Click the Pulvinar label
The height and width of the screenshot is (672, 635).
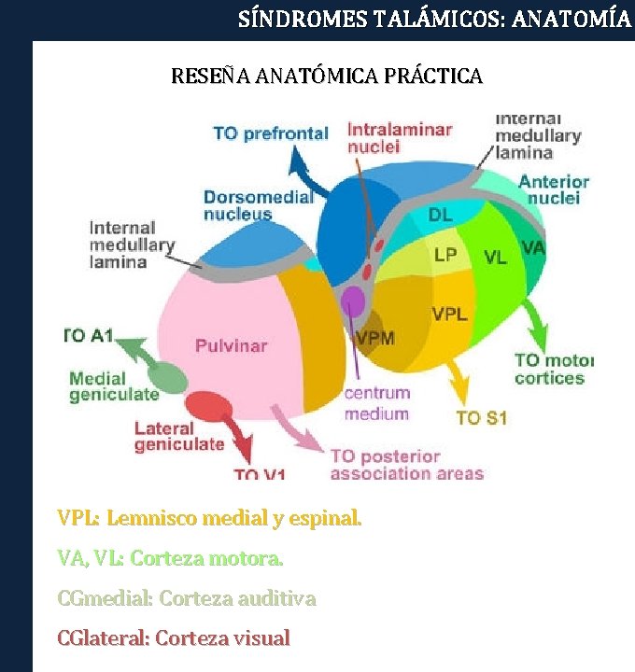pyautogui.click(x=231, y=346)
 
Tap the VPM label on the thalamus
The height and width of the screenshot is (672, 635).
pyautogui.click(x=375, y=337)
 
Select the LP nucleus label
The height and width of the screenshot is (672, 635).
pyautogui.click(x=445, y=255)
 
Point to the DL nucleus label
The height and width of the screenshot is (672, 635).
pyautogui.click(x=440, y=216)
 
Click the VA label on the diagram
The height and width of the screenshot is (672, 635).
pyautogui.click(x=533, y=248)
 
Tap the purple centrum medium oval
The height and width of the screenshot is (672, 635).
pyautogui.click(x=352, y=301)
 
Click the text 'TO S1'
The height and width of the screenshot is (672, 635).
pyautogui.click(x=481, y=417)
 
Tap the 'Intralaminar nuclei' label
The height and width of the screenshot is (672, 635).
pyautogui.click(x=399, y=138)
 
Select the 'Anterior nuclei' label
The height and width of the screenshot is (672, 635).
pyautogui.click(x=554, y=189)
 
